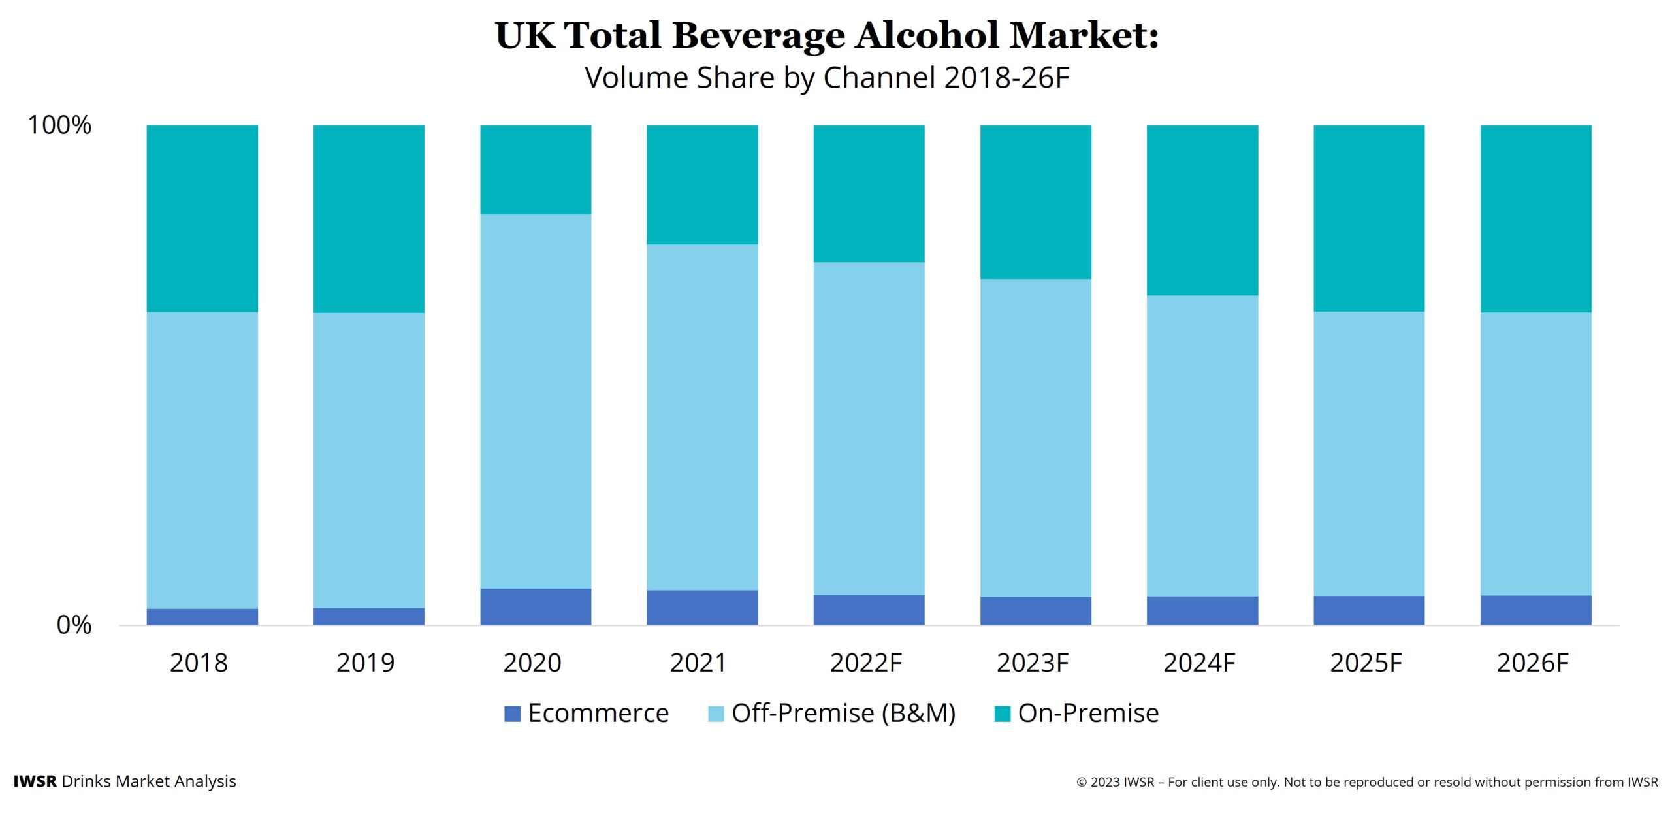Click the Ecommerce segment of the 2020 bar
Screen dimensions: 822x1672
tap(536, 606)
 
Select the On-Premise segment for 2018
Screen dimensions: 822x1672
tap(202, 218)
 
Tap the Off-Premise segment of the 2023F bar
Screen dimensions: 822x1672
tap(1035, 438)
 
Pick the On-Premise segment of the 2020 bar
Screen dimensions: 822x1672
tap(536, 169)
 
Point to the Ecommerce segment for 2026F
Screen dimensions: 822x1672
tap(1535, 610)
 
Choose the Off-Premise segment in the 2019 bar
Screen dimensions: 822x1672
tap(368, 460)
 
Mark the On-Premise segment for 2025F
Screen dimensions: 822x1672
tap(1369, 218)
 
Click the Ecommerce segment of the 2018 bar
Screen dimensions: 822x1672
tap(202, 616)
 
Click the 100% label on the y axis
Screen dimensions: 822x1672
tap(59, 125)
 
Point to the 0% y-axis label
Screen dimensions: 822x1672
tap(74, 625)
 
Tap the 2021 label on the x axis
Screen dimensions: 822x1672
tap(698, 663)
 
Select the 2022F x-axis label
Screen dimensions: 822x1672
tap(865, 663)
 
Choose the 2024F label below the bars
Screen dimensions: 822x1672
tap(1199, 663)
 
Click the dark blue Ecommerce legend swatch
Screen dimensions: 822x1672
tap(513, 714)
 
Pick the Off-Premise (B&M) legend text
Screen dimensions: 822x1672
tap(843, 713)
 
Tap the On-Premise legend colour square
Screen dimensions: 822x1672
tap(1002, 714)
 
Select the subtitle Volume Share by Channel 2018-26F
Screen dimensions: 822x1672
tap(827, 78)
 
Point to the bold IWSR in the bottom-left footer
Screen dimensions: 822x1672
tap(35, 781)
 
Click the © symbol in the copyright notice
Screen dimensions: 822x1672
tap(1082, 782)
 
